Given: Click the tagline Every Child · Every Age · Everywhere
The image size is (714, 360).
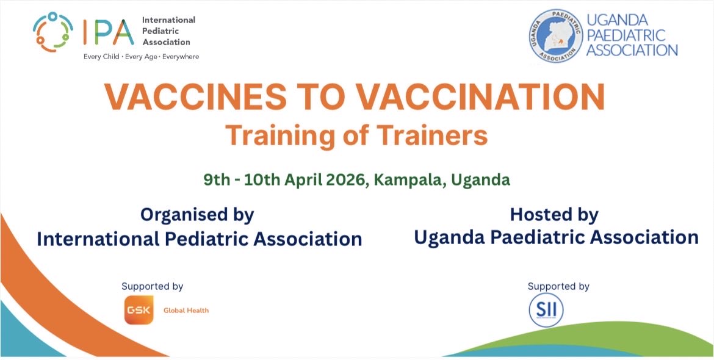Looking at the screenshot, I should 141,57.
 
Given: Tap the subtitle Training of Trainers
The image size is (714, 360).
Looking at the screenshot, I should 356,135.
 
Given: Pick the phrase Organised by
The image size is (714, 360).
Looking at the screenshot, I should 197,215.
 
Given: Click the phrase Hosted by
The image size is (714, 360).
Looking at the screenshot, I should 554,215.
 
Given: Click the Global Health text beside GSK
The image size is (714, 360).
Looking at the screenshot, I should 186,311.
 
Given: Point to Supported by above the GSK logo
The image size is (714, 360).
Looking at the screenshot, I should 152,286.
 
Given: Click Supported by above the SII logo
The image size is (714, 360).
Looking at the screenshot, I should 558,286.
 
